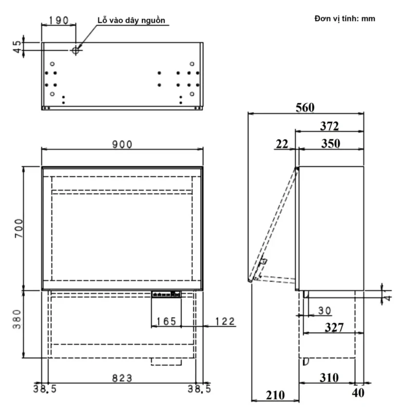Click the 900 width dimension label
pos(123,144)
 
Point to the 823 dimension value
pos(122,378)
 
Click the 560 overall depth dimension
pos(305,107)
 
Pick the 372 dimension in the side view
pos(329,126)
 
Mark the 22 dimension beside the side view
pos(282,144)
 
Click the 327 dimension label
pos(334,327)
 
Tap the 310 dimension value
pos(329,378)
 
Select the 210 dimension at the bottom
pos(275,395)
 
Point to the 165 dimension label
pos(166,322)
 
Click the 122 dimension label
pos(225,322)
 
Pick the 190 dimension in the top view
pos(59,20)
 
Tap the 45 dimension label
pos(18,46)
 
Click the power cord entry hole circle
pos(75,50)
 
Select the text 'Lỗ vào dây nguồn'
pos(132,20)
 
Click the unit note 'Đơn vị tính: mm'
pos(345,18)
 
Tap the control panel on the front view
pos(166,294)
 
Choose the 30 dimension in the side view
pos(324,311)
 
